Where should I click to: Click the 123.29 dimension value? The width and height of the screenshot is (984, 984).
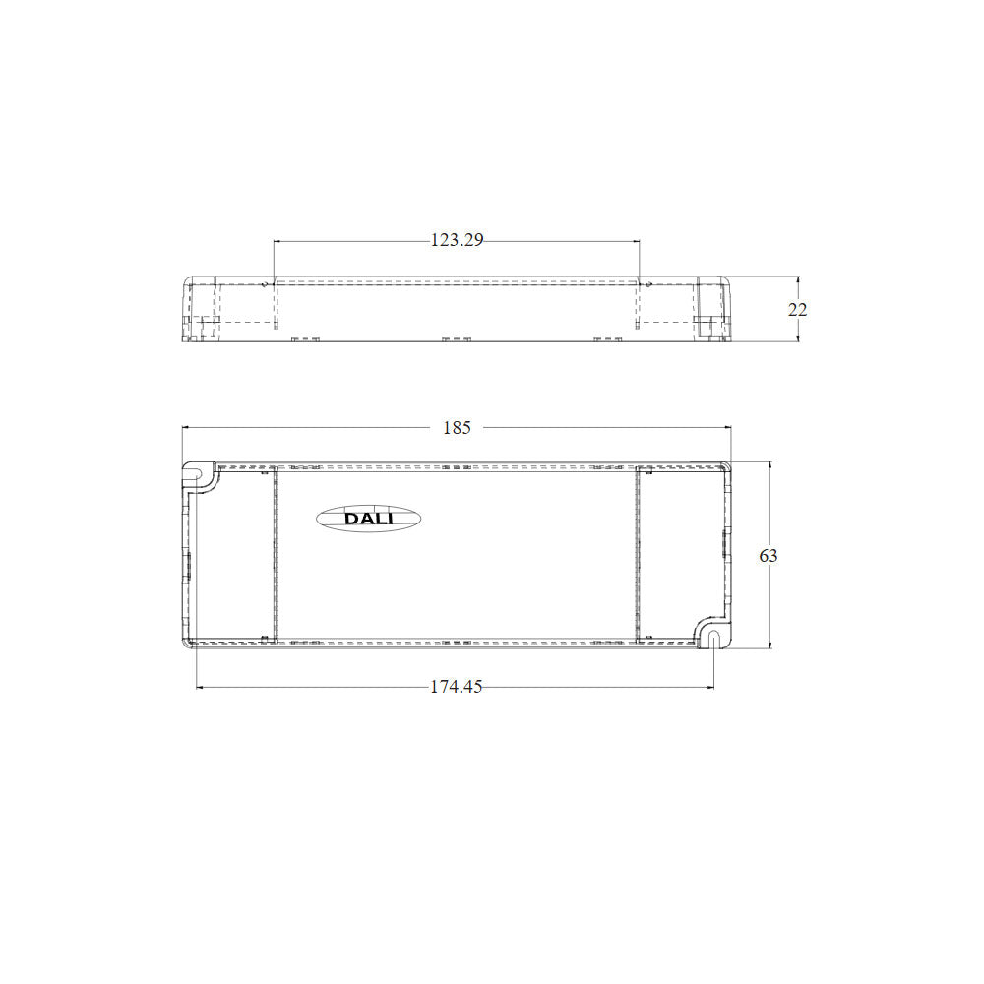pyautogui.click(x=457, y=240)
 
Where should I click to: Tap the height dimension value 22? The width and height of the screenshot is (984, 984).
pyautogui.click(x=798, y=309)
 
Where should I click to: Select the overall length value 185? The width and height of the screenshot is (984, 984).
pyautogui.click(x=457, y=428)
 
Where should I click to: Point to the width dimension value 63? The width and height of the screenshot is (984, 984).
pyautogui.click(x=769, y=556)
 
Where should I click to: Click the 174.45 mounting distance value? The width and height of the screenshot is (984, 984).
pyautogui.click(x=457, y=687)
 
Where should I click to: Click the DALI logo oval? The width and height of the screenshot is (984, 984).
pyautogui.click(x=368, y=519)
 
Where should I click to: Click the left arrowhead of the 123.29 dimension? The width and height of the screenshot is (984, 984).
pyautogui.click(x=277, y=240)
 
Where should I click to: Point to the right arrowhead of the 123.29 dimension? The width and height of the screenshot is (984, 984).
pyautogui.click(x=637, y=240)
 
